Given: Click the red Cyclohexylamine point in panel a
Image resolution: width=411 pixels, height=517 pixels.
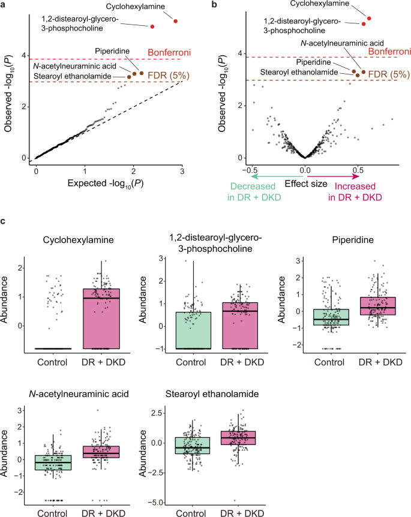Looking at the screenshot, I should coord(175,21).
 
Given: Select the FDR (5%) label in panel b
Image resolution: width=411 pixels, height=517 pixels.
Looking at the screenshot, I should coord(385,74).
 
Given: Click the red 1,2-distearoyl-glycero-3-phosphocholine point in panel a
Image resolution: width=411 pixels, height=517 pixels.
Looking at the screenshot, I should coord(152,26).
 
